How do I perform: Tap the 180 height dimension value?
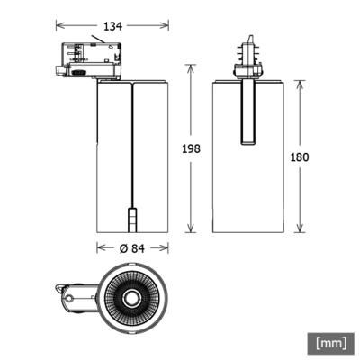click(300, 157)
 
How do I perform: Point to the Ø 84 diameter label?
click(130, 247)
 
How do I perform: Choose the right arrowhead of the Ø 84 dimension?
click(166, 247)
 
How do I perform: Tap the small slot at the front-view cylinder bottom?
click(131, 220)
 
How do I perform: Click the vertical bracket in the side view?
click(245, 112)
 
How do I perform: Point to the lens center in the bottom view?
click(130, 296)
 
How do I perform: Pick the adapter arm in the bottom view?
click(74, 294)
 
